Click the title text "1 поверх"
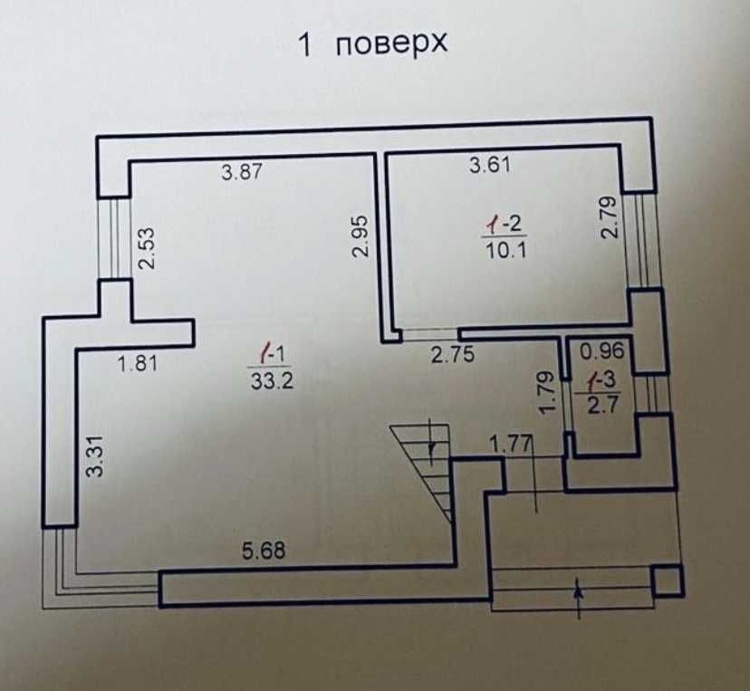coord(373,44)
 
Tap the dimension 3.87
coord(242,172)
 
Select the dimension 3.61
coord(490,165)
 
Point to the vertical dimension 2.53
coord(147,248)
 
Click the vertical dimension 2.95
coord(361,236)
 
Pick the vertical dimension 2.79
coord(610,217)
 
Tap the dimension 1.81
coord(138,364)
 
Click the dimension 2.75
coord(453,354)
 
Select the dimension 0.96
coord(602,351)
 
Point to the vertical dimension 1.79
coord(546,392)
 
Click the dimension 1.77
coord(511,445)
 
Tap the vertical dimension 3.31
coord(95,456)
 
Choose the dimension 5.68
coord(264,551)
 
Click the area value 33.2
coord(272,381)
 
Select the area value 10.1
coord(506,250)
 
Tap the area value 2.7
coord(603,406)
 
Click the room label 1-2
coord(505,224)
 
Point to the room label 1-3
coord(603,380)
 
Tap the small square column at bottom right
coord(668,580)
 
